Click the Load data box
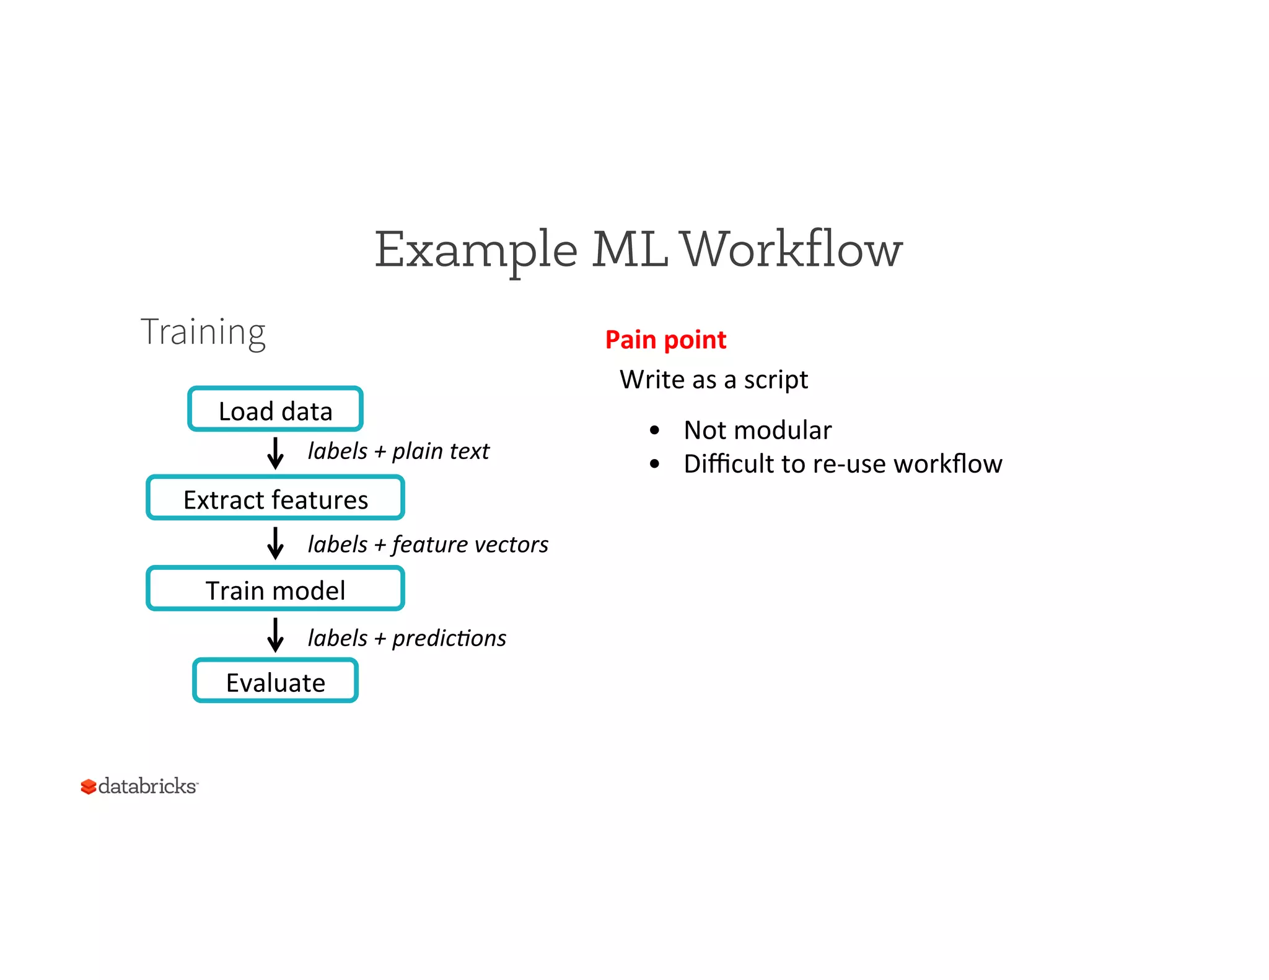coord(275,409)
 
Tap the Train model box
coord(275,589)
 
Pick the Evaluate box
coord(275,681)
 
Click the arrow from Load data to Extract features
coord(275,453)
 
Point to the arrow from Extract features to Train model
coord(275,543)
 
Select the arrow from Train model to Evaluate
coord(275,635)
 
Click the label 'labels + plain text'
coord(398,452)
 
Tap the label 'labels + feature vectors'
coord(428,545)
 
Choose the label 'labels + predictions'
coord(406,638)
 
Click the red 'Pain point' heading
coord(665,339)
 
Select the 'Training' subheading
coord(203,332)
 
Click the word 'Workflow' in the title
coord(791,250)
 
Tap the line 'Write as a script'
coord(713,379)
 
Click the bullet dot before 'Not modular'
coord(654,430)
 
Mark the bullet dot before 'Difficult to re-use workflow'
coord(654,463)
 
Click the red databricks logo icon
coord(88,787)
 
